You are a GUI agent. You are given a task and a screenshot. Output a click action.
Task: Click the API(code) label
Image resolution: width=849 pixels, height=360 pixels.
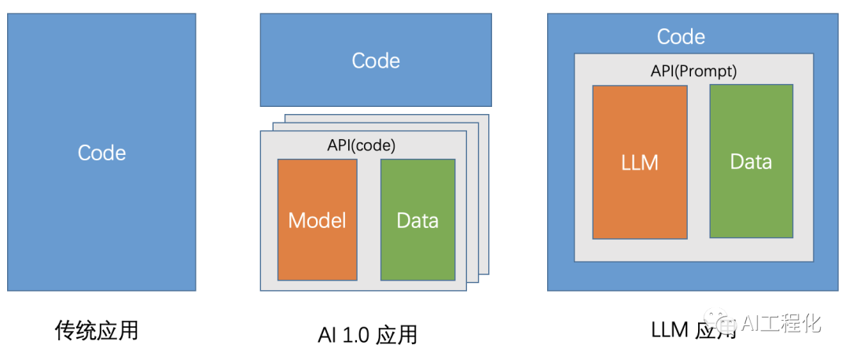pyautogui.click(x=362, y=145)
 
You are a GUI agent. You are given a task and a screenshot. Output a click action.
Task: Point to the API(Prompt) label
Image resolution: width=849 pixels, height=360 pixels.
pyautogui.click(x=693, y=71)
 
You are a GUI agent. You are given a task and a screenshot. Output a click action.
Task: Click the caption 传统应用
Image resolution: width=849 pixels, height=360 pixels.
pyautogui.click(x=97, y=330)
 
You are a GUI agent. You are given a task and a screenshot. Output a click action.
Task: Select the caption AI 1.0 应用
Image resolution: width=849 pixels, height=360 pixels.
pyautogui.click(x=367, y=335)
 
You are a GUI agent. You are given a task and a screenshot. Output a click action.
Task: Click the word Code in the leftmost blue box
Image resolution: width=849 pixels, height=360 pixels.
pyautogui.click(x=101, y=152)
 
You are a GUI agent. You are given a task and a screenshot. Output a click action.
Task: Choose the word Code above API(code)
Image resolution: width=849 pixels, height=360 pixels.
pyautogui.click(x=376, y=61)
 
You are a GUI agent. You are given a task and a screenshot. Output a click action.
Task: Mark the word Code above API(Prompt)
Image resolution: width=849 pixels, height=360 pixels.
pyautogui.click(x=681, y=36)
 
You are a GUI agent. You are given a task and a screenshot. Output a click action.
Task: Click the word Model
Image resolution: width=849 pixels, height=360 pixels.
pyautogui.click(x=317, y=220)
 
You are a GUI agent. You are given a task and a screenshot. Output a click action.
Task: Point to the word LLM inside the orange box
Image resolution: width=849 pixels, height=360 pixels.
pyautogui.click(x=639, y=163)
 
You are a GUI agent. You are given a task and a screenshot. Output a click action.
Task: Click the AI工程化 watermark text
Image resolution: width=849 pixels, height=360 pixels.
pyautogui.click(x=781, y=322)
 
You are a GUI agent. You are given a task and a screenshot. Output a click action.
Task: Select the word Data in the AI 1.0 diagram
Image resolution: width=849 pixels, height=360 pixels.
pyautogui.click(x=417, y=220)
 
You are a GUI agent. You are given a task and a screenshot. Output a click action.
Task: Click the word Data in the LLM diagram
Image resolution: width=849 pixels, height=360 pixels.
pyautogui.click(x=751, y=162)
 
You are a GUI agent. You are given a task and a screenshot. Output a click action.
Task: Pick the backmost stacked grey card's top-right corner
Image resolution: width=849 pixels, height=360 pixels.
pyautogui.click(x=487, y=116)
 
